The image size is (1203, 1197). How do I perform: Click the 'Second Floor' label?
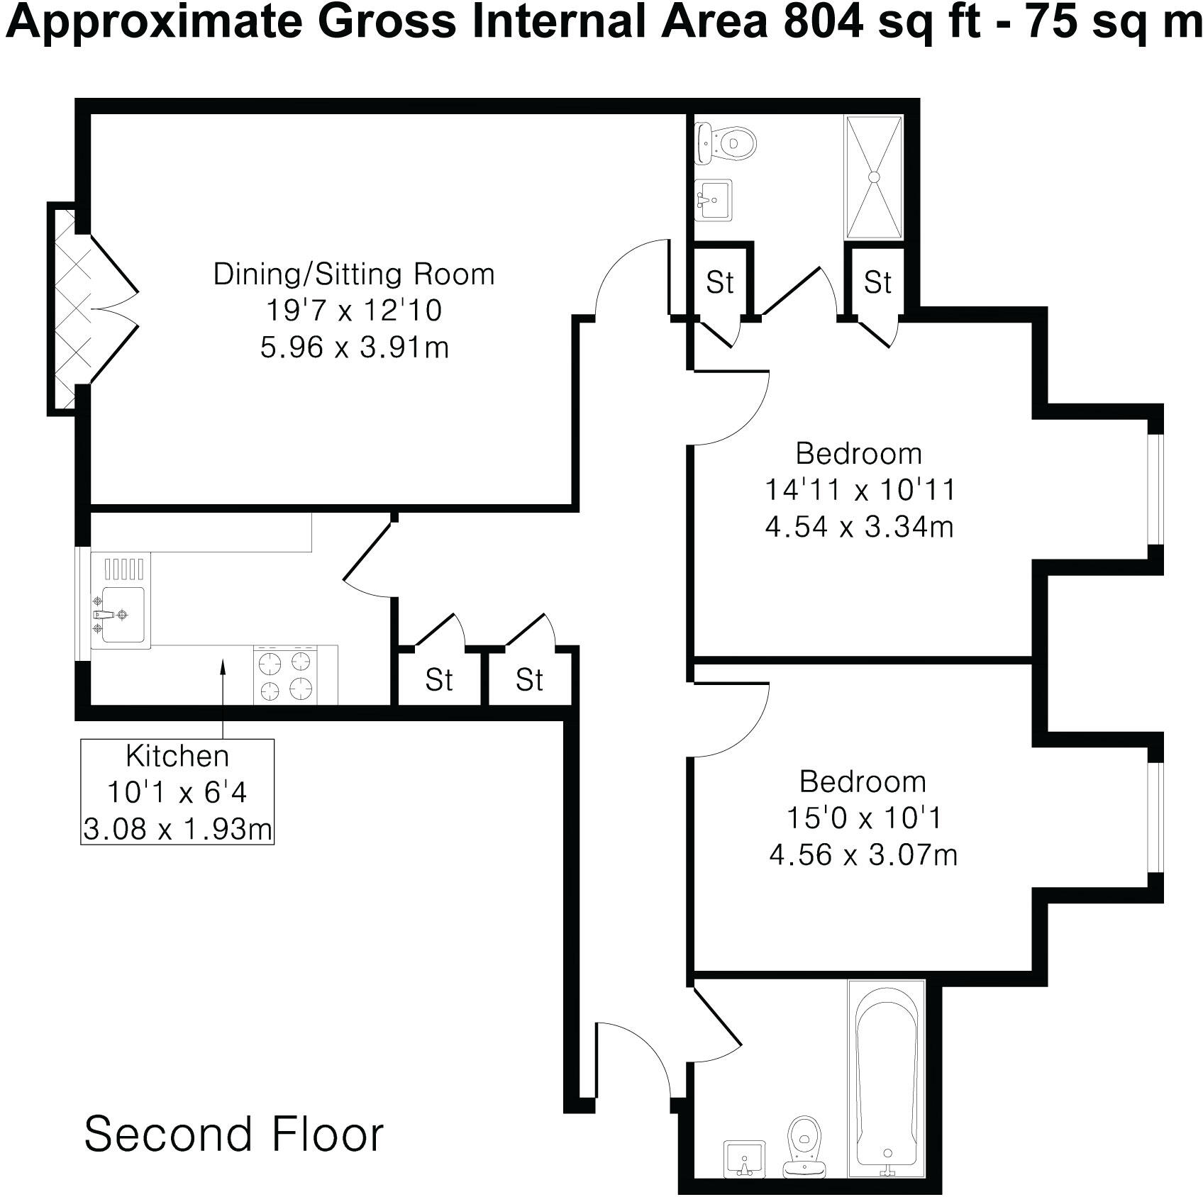[234, 1133]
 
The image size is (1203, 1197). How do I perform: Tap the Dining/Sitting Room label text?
[354, 274]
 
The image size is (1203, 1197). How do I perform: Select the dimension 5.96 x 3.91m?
[354, 347]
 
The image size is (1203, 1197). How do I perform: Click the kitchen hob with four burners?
[286, 675]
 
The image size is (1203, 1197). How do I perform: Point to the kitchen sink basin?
[122, 615]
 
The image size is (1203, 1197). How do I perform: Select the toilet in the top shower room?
[727, 143]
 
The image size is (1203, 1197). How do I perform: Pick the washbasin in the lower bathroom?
[744, 1157]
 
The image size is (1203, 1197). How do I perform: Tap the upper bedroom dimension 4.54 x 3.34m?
[859, 527]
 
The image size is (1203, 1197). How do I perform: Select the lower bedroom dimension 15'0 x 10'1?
[863, 818]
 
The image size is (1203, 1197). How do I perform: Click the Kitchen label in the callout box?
[177, 756]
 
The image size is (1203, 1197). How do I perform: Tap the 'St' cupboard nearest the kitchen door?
[438, 679]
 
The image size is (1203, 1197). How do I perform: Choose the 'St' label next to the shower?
[877, 282]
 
